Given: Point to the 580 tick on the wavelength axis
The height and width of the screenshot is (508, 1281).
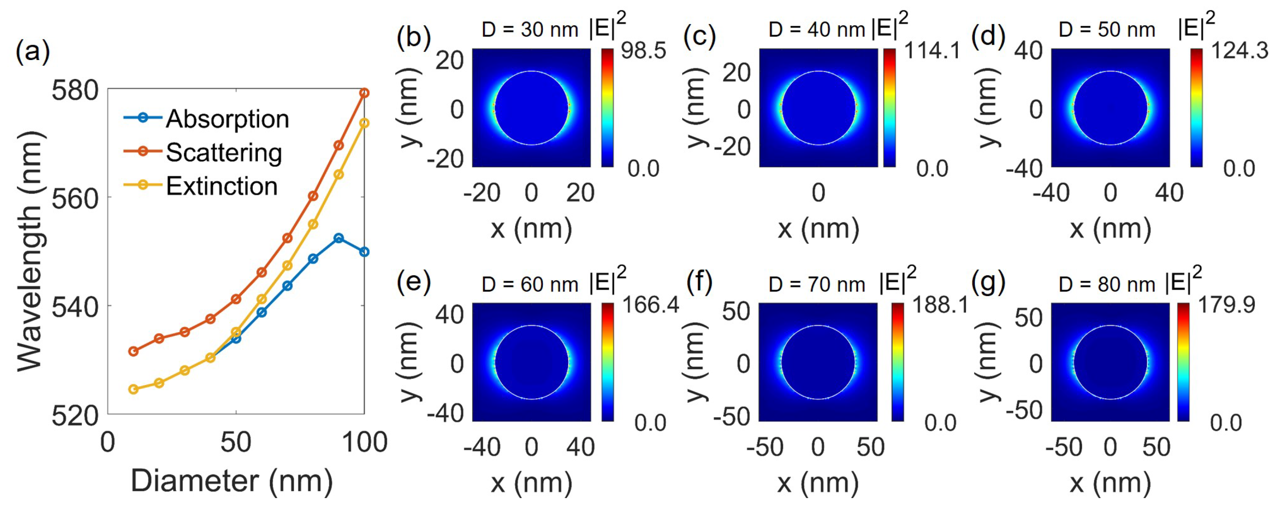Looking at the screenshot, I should pos(75,91).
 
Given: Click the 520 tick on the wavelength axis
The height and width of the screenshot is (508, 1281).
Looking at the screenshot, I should pos(75,415).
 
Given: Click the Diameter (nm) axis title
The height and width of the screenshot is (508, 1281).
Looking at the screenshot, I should pos(232,481).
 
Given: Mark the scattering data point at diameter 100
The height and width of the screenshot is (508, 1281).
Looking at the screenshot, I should pos(364,93).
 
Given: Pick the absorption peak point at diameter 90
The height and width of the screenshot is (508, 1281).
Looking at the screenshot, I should pos(338,238).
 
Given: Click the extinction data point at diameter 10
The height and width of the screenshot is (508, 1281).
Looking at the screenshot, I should pos(133,389).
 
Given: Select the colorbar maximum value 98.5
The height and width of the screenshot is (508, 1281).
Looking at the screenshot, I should pos(643,51).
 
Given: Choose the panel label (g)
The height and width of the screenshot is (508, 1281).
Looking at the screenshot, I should pos(988,282).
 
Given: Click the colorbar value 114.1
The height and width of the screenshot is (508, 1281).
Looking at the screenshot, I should pos(931,51).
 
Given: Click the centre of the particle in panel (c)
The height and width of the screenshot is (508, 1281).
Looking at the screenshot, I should pos(818,108).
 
